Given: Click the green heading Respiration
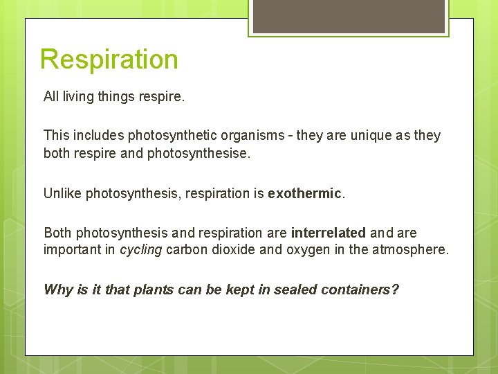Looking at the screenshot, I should [109, 60].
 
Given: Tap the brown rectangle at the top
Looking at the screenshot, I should [349, 15].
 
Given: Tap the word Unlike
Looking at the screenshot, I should [62, 193].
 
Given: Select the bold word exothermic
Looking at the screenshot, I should [304, 193].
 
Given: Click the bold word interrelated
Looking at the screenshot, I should [328, 233].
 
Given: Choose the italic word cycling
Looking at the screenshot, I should [141, 250].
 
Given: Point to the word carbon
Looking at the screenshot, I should [187, 250].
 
